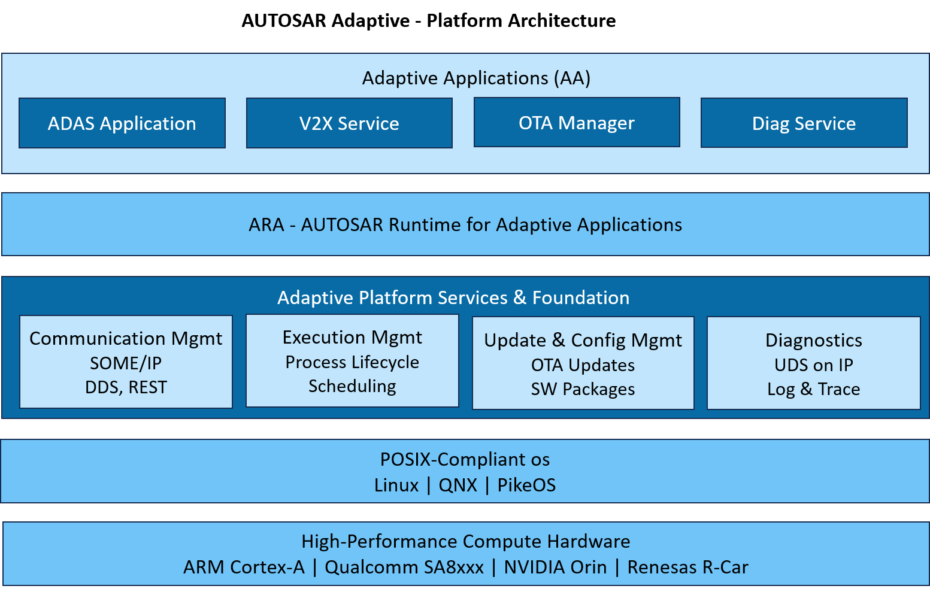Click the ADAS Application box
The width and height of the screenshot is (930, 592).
[122, 123]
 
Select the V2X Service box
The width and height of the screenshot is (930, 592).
[349, 123]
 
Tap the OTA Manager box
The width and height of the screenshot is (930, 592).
[577, 123]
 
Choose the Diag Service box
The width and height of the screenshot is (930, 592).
[804, 123]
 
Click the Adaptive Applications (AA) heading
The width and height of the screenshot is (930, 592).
[476, 78]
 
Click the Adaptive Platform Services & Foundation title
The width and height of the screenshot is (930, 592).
[453, 297]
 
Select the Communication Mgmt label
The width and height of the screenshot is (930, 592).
[126, 339]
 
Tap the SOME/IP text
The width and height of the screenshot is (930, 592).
[126, 363]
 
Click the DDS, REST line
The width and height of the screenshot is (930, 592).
[126, 387]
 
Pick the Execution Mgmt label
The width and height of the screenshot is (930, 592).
[352, 338]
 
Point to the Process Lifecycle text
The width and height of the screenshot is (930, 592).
[352, 362]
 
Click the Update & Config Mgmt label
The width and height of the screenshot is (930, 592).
[583, 341]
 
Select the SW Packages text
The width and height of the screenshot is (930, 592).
[583, 389]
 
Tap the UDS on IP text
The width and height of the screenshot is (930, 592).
[813, 365]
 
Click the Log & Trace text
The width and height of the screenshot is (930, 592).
[813, 389]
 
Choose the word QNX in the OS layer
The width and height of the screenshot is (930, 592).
[458, 485]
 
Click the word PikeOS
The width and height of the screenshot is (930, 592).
[526, 485]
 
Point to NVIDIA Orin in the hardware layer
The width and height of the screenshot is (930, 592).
[555, 567]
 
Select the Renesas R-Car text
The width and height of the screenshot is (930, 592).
[687, 567]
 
